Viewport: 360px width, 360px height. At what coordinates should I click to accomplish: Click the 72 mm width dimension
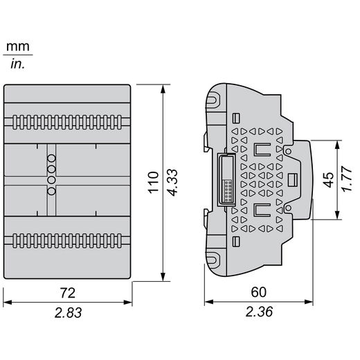tap(68, 293)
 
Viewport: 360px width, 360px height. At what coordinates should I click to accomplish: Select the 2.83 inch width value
tap(68, 313)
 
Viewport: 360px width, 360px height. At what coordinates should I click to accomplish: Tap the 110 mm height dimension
tap(154, 182)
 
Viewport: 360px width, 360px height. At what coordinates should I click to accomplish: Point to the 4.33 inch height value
tap(172, 183)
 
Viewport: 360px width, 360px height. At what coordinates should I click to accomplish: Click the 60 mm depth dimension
tap(259, 292)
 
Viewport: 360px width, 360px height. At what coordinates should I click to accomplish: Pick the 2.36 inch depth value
tap(259, 312)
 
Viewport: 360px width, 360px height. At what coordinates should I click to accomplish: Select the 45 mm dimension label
tap(328, 180)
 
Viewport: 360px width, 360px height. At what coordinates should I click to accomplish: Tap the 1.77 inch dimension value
tap(348, 179)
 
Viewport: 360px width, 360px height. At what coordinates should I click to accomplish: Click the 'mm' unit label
tap(18, 47)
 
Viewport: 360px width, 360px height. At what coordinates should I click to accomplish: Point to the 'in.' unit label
tap(17, 64)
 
